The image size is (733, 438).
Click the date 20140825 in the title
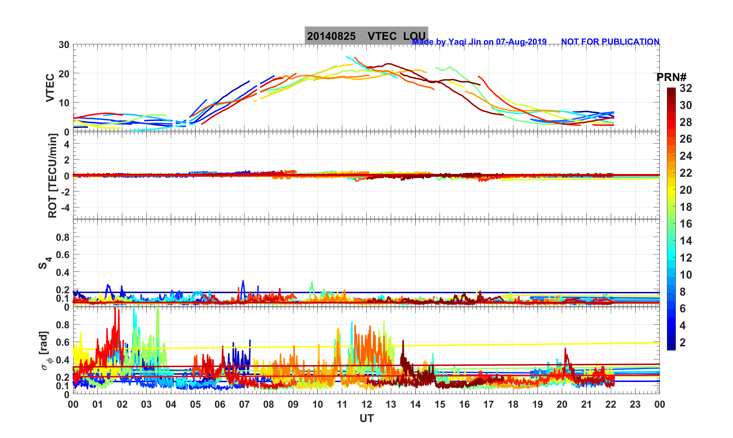pos(331,36)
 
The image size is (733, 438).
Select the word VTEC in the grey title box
pos(382,36)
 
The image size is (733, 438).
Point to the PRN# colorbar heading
pos(671,77)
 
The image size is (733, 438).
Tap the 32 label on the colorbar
pos(686,88)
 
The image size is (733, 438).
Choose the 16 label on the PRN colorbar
pos(686,224)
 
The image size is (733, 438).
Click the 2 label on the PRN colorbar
pos(683,342)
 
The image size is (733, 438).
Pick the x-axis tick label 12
pos(366,404)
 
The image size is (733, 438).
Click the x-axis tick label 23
pos(635,404)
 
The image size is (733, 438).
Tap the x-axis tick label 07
pos(244,404)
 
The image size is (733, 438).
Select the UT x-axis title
pos(366,418)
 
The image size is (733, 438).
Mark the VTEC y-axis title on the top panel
pos(50,88)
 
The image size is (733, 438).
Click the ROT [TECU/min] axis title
pos(52,175)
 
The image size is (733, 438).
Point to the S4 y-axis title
pos(44,263)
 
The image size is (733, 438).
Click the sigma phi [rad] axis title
pos(45,350)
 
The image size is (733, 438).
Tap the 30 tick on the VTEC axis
pos(64,45)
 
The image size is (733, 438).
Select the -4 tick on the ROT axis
pos(64,207)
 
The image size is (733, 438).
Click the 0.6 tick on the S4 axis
pos(62,254)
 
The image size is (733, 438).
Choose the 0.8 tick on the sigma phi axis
pos(62,325)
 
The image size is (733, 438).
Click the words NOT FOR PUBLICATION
pos(610,42)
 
